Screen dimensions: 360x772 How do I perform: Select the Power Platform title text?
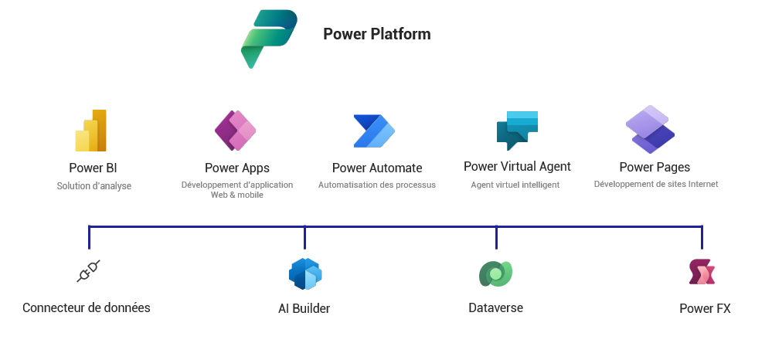click(x=376, y=34)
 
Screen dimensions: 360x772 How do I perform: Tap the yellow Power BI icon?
click(x=91, y=131)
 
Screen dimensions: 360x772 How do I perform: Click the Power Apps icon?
click(x=235, y=131)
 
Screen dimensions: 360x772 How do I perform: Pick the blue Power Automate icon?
click(x=374, y=131)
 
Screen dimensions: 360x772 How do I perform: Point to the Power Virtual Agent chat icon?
click(x=517, y=130)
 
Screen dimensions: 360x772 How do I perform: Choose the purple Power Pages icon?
click(x=650, y=129)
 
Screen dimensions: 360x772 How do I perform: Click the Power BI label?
click(x=93, y=168)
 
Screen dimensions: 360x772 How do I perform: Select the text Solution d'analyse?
click(x=94, y=186)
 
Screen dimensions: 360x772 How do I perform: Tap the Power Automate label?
click(x=377, y=168)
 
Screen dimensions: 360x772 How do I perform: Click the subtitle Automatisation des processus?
click(x=377, y=185)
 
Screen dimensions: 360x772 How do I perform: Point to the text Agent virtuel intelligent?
click(x=515, y=185)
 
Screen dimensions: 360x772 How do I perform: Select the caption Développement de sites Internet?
click(x=656, y=185)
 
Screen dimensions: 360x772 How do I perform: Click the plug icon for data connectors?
click(x=89, y=271)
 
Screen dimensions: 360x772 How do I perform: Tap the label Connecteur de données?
click(x=87, y=307)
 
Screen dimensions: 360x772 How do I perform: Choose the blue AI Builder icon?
click(x=305, y=273)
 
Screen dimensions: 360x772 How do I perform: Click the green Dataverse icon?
click(x=495, y=273)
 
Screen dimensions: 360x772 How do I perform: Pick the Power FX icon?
click(x=702, y=272)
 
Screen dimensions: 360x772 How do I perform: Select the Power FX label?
click(x=705, y=308)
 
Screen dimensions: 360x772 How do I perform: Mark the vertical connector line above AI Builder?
click(x=304, y=237)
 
